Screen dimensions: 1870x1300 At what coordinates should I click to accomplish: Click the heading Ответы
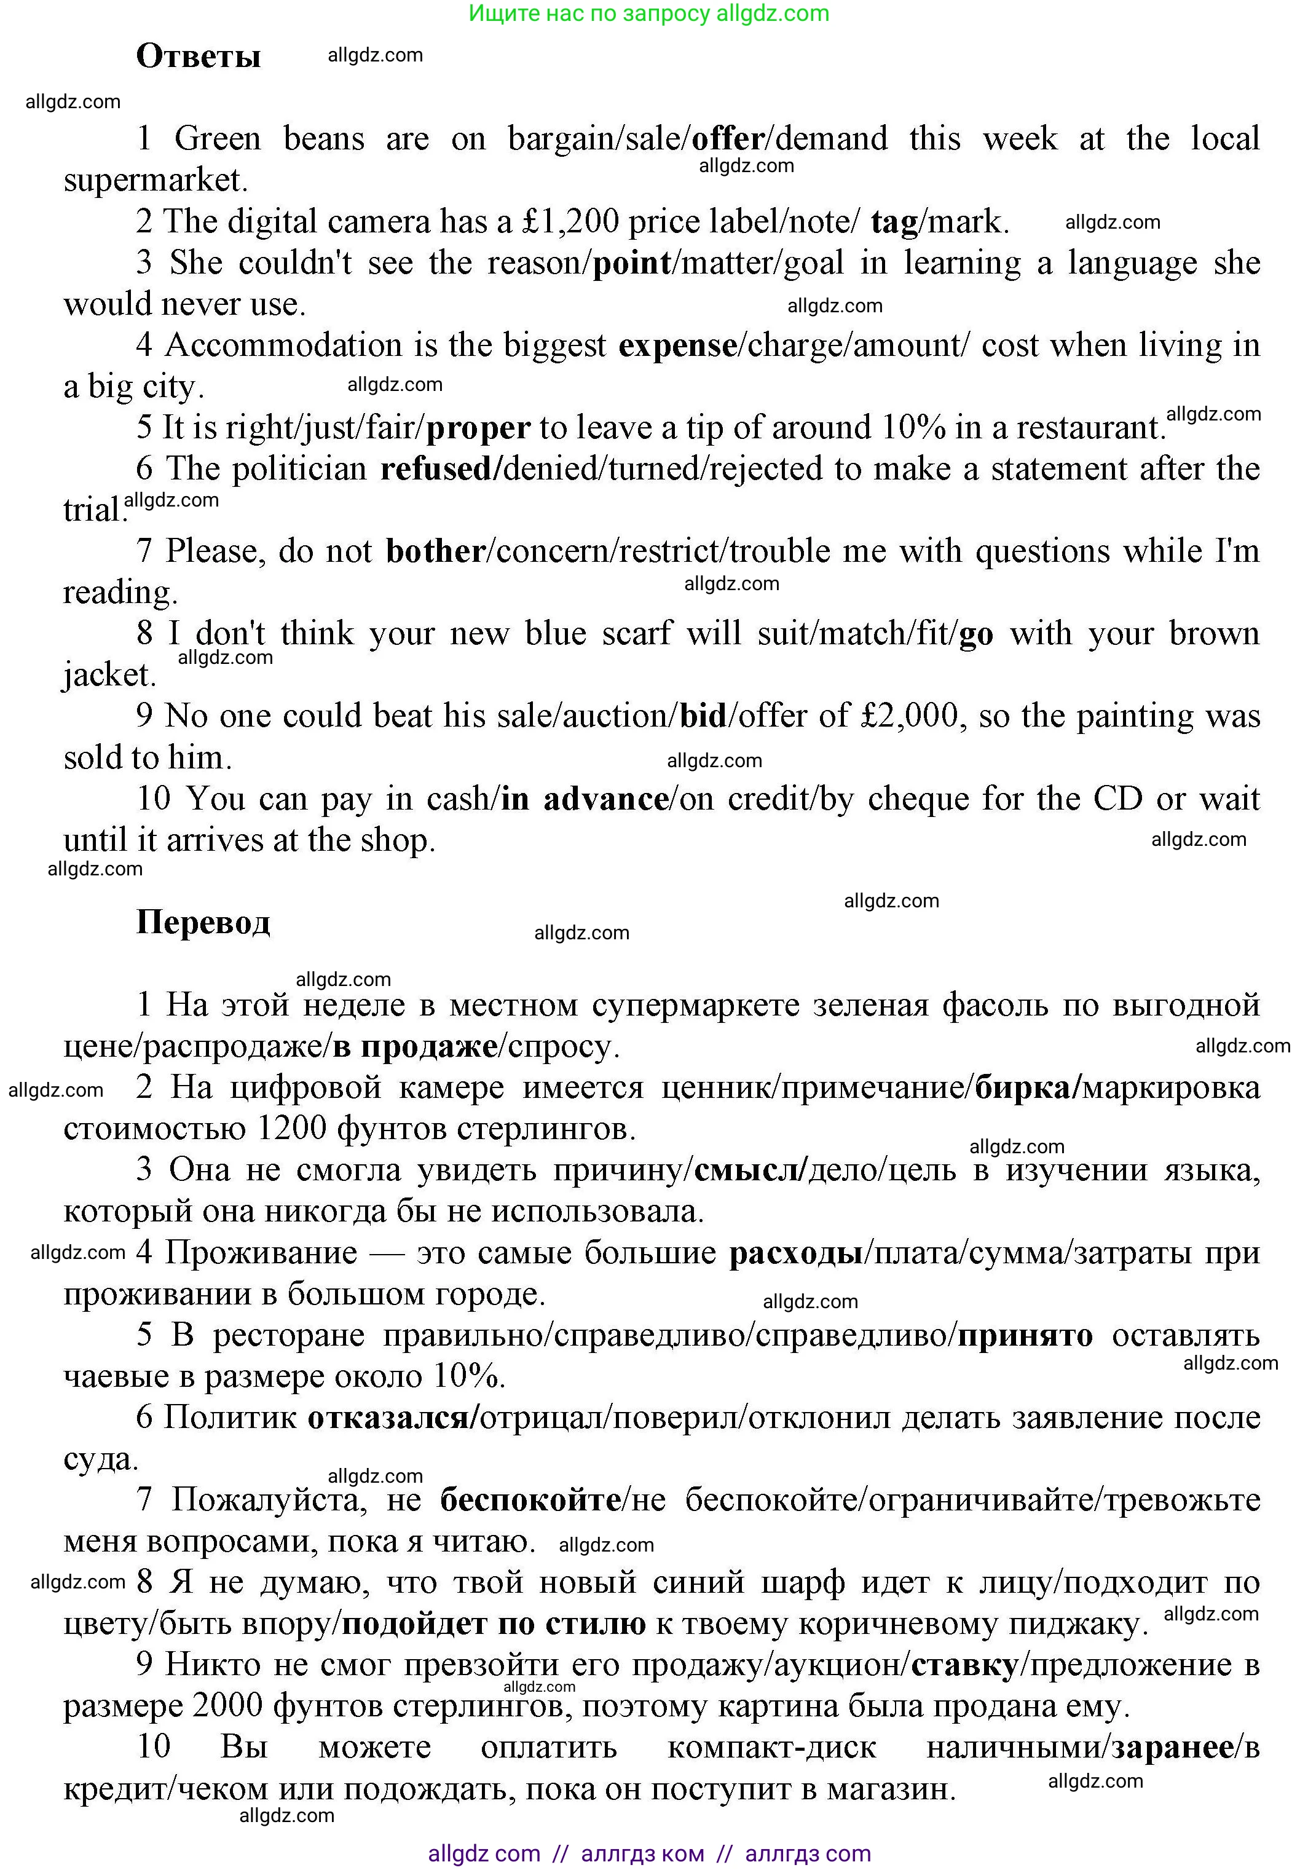tap(198, 56)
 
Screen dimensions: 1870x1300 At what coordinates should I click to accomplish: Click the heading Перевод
tap(203, 922)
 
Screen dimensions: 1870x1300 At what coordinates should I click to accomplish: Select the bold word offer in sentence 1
tap(727, 138)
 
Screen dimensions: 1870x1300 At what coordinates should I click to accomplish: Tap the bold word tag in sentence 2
tap(894, 221)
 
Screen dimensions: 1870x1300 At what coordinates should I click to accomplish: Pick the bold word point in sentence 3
tap(632, 263)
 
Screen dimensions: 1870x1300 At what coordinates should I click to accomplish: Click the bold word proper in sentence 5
tap(478, 428)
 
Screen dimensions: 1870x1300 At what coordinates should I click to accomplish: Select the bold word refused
tap(438, 469)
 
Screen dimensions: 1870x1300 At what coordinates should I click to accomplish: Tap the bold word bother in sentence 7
tap(436, 551)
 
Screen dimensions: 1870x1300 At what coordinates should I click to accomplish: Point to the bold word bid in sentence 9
tap(703, 716)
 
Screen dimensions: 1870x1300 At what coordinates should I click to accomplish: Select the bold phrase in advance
tap(585, 799)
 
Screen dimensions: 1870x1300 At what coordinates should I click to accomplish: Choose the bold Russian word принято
tap(1025, 1336)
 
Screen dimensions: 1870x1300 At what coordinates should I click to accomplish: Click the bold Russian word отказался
tap(388, 1418)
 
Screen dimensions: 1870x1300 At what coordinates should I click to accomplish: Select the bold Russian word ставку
tap(964, 1665)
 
